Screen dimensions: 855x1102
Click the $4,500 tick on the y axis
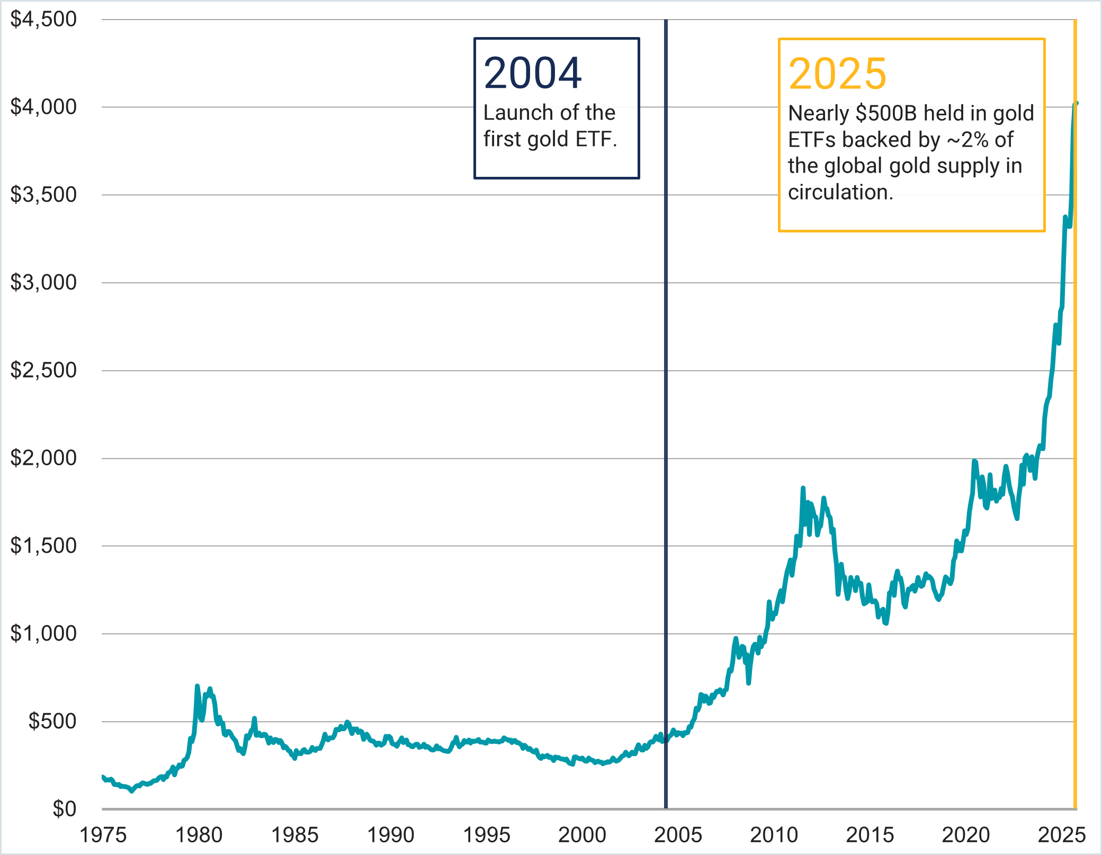click(43, 20)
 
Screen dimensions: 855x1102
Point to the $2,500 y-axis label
click(43, 370)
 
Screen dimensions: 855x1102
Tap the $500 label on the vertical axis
click(52, 721)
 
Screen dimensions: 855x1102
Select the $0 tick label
click(64, 809)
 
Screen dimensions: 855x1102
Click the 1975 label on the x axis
click(103, 835)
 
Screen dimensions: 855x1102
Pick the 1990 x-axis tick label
click(391, 835)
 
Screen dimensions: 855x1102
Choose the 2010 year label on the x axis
click(774, 835)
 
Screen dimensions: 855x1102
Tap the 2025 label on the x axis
click(1061, 835)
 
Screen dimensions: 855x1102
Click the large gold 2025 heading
click(837, 74)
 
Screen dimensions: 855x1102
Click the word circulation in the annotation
click(840, 192)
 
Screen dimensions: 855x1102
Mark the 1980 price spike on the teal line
click(197, 687)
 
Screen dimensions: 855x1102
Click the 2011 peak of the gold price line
click(803, 488)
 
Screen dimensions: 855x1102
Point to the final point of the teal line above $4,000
click(1076, 103)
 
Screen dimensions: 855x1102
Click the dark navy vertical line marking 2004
click(666, 424)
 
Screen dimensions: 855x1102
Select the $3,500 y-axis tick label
click(43, 195)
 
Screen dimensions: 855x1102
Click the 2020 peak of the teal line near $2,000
click(974, 462)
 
